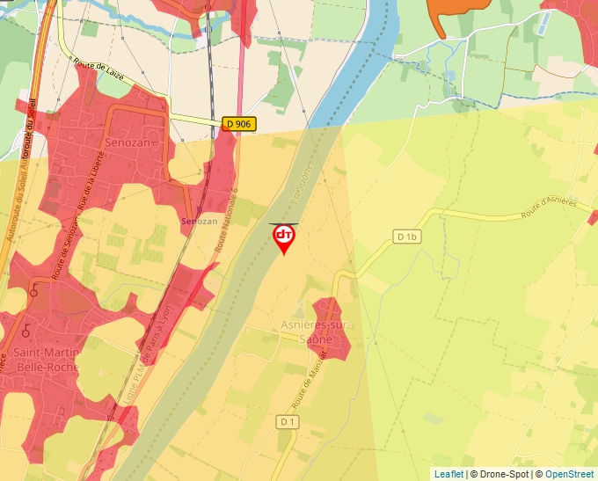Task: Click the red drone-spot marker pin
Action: (x=284, y=238)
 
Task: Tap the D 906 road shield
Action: (x=237, y=124)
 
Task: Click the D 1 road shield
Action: (x=288, y=422)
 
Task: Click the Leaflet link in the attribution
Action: (x=448, y=474)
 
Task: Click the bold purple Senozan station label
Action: (x=199, y=221)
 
